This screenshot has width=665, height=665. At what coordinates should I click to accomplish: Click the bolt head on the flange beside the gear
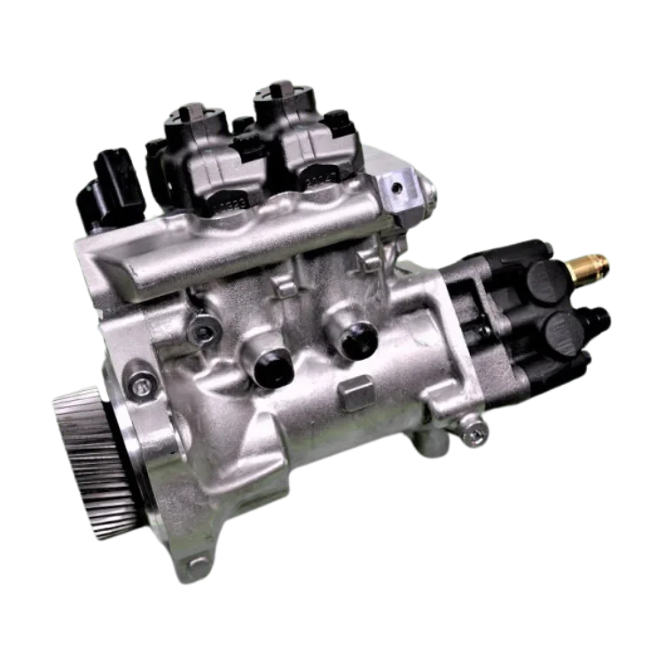pos(138,383)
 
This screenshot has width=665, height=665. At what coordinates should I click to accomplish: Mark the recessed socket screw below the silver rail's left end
pos(206,332)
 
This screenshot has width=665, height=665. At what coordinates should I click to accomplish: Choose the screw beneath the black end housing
pos(478,432)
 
